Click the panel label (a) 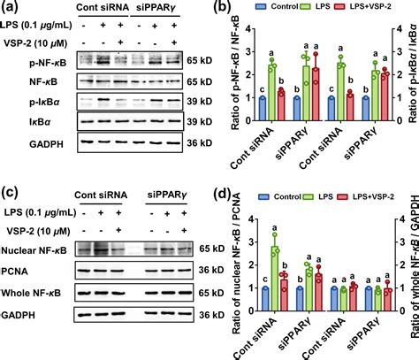pos(11,11)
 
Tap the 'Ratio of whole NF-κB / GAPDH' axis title pos(413,265)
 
